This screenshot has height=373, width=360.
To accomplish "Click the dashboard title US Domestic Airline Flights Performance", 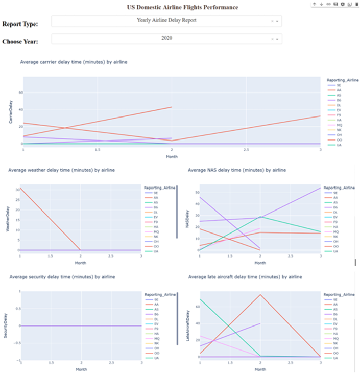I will (x=182, y=7).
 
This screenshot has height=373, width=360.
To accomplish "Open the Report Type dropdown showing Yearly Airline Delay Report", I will (x=166, y=21).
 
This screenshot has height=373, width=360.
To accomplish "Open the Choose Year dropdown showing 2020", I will (x=166, y=38).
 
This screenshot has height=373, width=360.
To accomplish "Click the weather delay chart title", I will (x=61, y=170).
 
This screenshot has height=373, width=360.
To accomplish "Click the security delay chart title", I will (x=61, y=276).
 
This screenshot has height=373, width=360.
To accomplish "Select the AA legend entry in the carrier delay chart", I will (x=339, y=90).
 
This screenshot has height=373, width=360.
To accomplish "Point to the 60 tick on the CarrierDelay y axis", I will (x=20, y=92).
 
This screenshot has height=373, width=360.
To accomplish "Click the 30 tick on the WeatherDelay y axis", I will (x=17, y=190).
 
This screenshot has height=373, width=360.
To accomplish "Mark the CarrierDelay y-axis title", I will (x=11, y=111).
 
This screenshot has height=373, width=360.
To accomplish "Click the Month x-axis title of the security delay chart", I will (x=80, y=369).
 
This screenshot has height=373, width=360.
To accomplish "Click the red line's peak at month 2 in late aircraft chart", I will (x=260, y=294).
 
